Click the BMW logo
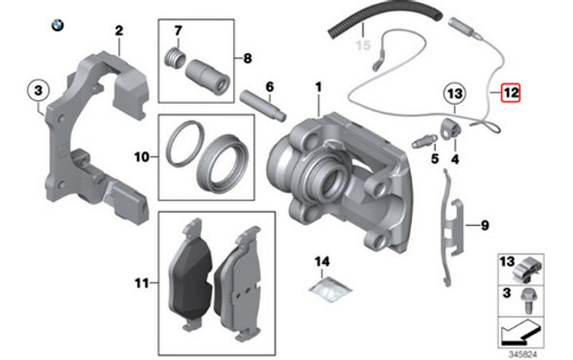coord(57,25)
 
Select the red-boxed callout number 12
coord(510,93)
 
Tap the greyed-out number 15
coord(363,46)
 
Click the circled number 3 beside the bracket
coord(39,90)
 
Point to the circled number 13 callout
coord(455,94)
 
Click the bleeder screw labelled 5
coord(424,141)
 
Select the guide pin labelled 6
coord(262,106)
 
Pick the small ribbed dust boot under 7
coord(176,57)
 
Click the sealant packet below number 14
coord(330,288)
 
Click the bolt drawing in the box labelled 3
coord(527,301)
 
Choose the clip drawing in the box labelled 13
coord(527,270)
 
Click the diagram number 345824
coord(522,354)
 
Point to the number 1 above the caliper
coord(319,87)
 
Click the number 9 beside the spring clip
coord(485,225)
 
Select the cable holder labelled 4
coord(450,128)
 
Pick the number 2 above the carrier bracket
coord(119,31)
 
